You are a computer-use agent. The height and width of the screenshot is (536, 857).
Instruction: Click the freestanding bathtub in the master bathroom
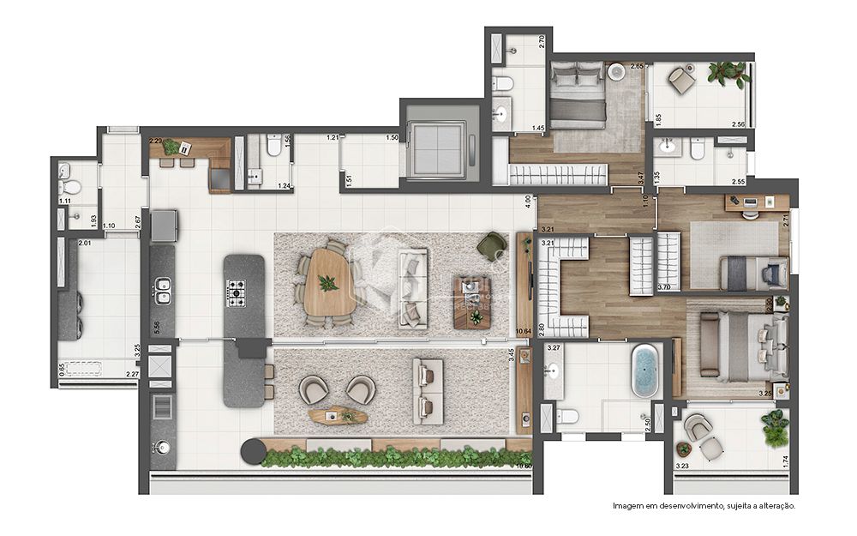point(644,370)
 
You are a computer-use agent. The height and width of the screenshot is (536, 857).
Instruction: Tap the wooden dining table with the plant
point(327,281)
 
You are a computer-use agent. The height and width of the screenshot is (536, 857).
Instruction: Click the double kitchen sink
point(161,297)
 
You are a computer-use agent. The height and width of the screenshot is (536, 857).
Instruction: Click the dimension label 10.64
point(524,328)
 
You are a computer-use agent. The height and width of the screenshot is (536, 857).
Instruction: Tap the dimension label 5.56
point(158,327)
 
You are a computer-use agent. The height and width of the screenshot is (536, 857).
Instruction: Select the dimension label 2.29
point(156,141)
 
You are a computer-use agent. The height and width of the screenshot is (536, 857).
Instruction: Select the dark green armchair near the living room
point(492,244)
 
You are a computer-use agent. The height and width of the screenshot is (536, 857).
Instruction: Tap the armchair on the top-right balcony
point(683,80)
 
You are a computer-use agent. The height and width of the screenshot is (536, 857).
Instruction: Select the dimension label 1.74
point(785,461)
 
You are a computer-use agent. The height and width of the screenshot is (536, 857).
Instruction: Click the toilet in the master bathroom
point(565,417)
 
